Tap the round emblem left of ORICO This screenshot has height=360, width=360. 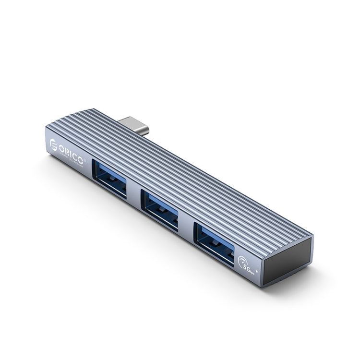coord(54,144)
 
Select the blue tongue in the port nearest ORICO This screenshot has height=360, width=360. coord(109,175)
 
